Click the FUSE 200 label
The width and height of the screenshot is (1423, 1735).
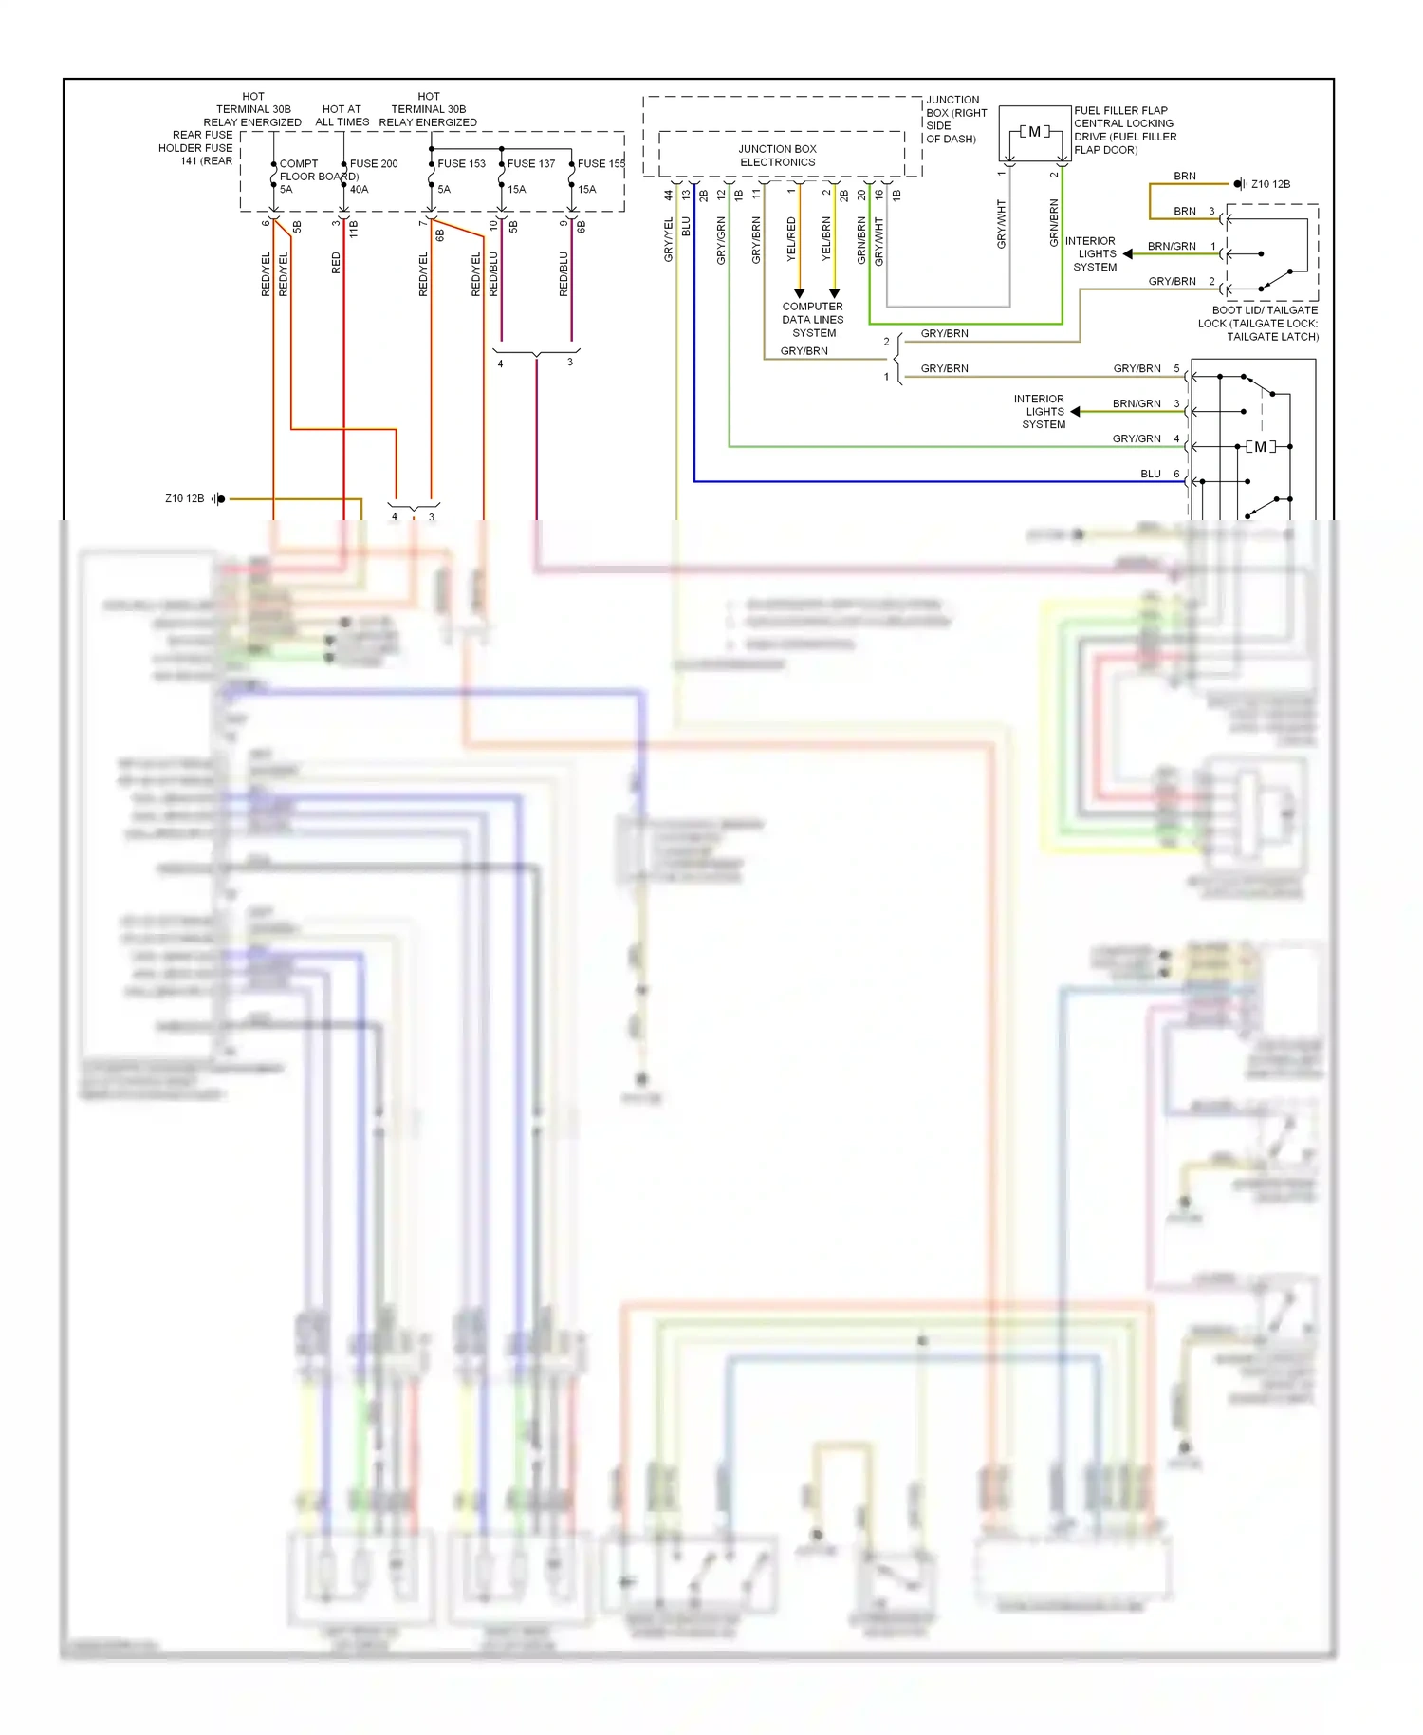(x=374, y=163)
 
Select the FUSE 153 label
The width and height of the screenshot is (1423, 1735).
(x=461, y=163)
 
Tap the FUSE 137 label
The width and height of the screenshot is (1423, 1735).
(x=530, y=163)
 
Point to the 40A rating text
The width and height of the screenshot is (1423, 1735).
(x=359, y=189)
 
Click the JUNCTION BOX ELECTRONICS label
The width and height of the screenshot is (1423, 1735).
(x=777, y=156)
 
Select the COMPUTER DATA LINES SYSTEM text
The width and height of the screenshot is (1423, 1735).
(x=813, y=320)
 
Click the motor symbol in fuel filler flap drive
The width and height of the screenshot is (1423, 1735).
(x=1034, y=132)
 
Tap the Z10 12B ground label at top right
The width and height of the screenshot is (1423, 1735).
(x=1270, y=184)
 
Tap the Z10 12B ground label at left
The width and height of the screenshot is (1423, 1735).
(x=184, y=498)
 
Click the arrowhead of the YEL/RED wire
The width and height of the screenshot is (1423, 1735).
(x=799, y=293)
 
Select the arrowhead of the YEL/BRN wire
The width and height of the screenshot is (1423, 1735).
(x=834, y=293)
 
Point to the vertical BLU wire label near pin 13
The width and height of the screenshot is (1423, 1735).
(x=686, y=227)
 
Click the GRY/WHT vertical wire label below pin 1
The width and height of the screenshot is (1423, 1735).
(x=1001, y=225)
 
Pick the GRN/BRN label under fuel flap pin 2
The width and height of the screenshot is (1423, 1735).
(x=1054, y=223)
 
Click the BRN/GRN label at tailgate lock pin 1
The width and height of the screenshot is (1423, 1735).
(x=1172, y=246)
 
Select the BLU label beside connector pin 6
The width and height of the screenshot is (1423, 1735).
(x=1150, y=474)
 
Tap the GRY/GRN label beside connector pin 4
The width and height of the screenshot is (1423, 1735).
(x=1137, y=438)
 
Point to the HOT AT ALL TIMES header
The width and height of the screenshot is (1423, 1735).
(x=342, y=116)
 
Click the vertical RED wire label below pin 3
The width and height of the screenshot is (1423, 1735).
(x=336, y=263)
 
